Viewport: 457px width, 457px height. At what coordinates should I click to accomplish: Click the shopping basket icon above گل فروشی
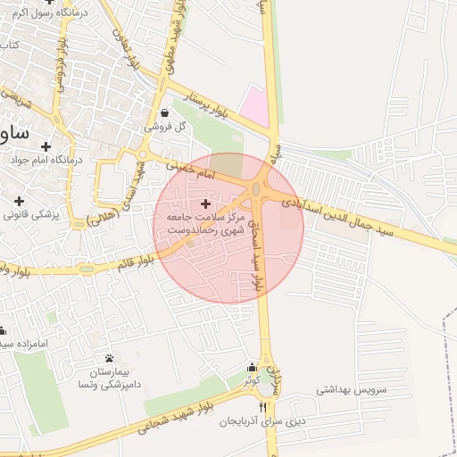[x=166, y=113]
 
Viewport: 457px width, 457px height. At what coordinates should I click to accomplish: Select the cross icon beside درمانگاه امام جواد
[x=46, y=145]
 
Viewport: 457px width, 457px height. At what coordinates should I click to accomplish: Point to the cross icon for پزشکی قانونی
[x=19, y=200]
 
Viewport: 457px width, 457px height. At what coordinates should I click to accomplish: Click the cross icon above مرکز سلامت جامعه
[x=207, y=204]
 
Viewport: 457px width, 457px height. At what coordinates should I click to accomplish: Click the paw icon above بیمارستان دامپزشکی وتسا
[x=109, y=358]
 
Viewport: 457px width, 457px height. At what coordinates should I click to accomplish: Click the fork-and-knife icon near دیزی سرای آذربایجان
[x=262, y=407]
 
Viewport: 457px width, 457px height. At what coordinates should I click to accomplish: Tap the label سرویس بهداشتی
[x=348, y=391]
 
